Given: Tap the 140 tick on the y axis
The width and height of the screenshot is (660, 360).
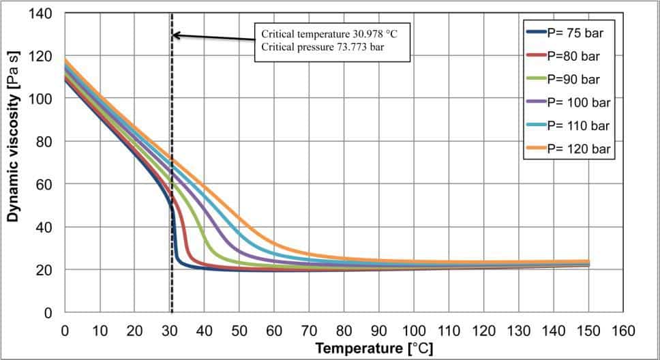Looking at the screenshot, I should click(44, 13).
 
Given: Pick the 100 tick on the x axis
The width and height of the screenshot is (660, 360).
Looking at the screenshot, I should click(414, 331).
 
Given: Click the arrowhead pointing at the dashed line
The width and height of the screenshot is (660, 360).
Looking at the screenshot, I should click(176, 35).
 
